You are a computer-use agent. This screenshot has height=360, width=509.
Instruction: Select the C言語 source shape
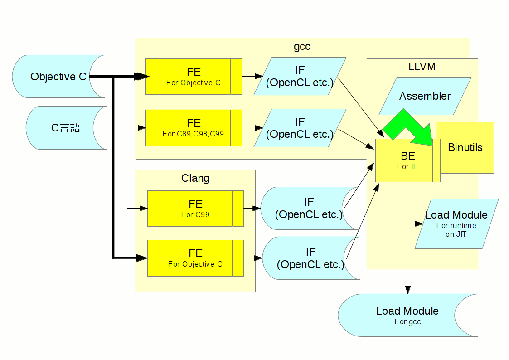pyautogui.click(x=66, y=128)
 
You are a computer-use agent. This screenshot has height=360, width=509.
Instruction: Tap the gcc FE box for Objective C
pyautogui.click(x=194, y=76)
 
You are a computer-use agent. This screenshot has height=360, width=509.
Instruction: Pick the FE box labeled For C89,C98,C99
pyautogui.click(x=194, y=127)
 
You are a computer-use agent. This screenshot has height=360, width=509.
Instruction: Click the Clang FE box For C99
pyautogui.click(x=195, y=209)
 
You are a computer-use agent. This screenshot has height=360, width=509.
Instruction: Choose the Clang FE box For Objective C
pyautogui.click(x=195, y=258)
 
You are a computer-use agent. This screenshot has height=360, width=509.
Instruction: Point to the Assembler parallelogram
pyautogui.click(x=425, y=96)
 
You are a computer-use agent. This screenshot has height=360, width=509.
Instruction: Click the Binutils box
pyautogui.click(x=465, y=147)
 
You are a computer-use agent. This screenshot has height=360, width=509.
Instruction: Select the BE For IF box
pyautogui.click(x=407, y=161)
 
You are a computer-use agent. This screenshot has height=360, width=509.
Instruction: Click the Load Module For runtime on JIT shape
pyautogui.click(x=456, y=224)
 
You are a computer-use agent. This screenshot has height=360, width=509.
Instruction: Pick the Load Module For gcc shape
pyautogui.click(x=407, y=315)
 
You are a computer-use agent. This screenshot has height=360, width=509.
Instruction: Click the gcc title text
pyautogui.click(x=302, y=46)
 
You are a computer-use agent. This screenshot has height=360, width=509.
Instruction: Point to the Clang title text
pyautogui.click(x=195, y=178)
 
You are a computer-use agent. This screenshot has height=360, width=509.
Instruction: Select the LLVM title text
pyautogui.click(x=422, y=67)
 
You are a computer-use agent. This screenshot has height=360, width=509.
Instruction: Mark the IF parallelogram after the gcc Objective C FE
pyautogui.click(x=300, y=76)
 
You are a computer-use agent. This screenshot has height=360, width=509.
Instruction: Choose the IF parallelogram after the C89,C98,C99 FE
pyautogui.click(x=300, y=128)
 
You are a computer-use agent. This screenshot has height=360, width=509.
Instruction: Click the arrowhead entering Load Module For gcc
pyautogui.click(x=407, y=290)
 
